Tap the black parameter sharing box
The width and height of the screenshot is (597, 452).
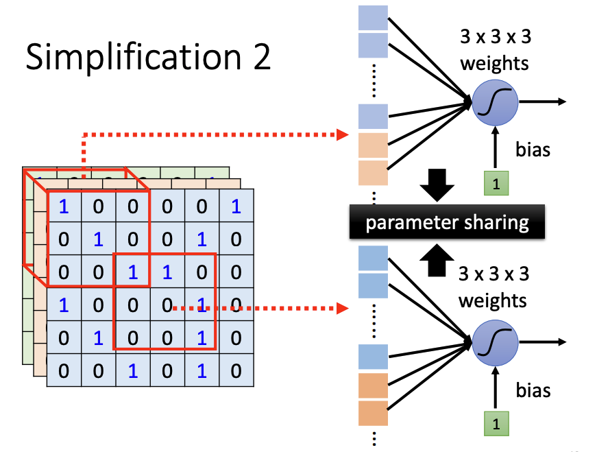pos(447,222)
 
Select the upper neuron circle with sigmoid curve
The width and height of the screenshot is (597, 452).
pos(495,103)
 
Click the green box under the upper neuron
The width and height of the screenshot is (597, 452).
pos(496,185)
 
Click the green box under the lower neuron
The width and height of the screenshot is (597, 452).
pos(496,423)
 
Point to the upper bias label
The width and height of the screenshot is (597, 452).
pos(533,150)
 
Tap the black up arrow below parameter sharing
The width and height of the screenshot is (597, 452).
pos(436,260)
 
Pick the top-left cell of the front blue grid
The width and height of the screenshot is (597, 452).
pos(64,206)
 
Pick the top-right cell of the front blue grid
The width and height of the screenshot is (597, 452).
pos(236,206)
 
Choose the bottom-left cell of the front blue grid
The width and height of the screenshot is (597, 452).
pos(64,371)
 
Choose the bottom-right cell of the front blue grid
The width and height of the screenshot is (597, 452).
pos(236,371)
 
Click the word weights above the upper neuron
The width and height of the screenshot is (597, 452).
pos(495,64)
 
